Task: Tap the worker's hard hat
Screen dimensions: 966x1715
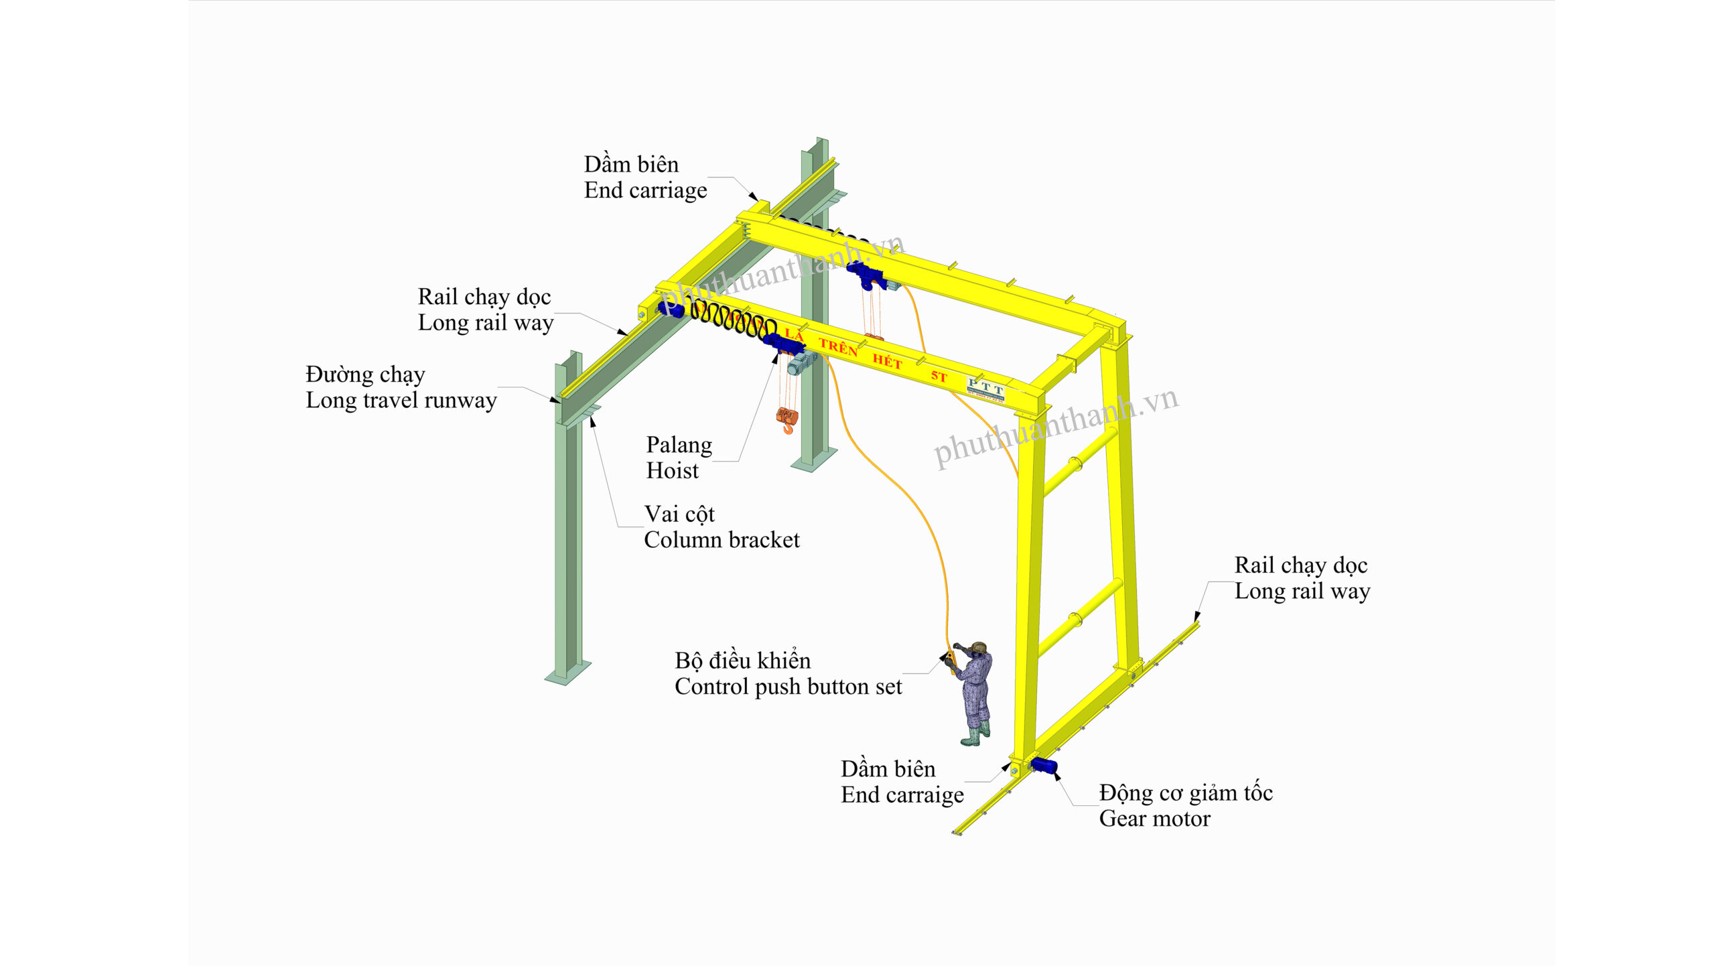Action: click(979, 647)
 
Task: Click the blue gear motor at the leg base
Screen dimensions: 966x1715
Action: click(1044, 766)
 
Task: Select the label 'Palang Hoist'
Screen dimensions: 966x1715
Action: click(678, 458)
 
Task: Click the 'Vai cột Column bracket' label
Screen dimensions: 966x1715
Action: click(721, 527)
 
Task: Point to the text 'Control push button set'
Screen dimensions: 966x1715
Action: click(788, 687)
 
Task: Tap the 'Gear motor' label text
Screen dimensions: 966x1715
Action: click(1154, 819)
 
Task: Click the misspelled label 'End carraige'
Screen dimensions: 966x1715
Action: click(902, 795)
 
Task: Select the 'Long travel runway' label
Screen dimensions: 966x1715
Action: click(401, 400)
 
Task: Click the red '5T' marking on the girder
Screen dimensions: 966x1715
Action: click(939, 376)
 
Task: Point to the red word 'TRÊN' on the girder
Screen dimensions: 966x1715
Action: click(837, 347)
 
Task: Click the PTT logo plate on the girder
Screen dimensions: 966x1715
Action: click(985, 389)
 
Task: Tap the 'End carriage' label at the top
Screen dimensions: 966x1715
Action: click(644, 190)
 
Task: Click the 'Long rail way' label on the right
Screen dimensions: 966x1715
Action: click(1302, 591)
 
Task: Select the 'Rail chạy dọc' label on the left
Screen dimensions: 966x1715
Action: click(484, 297)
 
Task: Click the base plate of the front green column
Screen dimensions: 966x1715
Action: click(567, 673)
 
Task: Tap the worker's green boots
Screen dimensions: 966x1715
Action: click(974, 736)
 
